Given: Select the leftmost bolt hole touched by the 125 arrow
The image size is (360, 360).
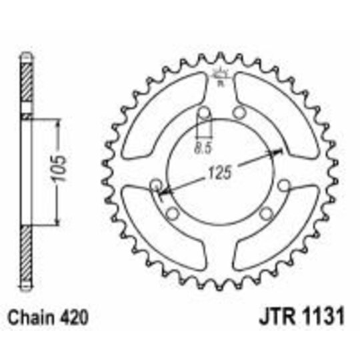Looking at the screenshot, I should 157,184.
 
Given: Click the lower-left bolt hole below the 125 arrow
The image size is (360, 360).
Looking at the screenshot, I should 171,213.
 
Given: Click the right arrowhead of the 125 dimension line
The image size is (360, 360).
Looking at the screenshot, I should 276,151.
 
